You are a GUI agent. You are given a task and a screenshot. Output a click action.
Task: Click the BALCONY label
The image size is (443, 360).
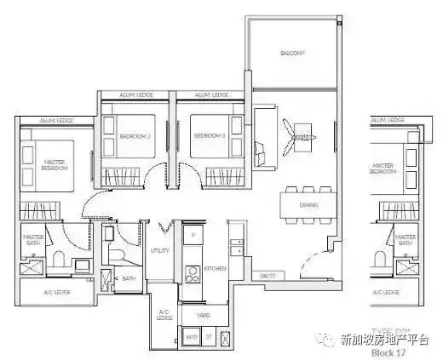[292, 54]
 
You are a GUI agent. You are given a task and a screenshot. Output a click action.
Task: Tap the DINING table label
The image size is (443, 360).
[309, 204]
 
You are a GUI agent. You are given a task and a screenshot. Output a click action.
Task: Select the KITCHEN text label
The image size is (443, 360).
[215, 269]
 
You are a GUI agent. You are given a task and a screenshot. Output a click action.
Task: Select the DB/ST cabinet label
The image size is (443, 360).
[268, 276]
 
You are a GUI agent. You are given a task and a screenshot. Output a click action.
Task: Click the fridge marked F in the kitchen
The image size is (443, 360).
[193, 234]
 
